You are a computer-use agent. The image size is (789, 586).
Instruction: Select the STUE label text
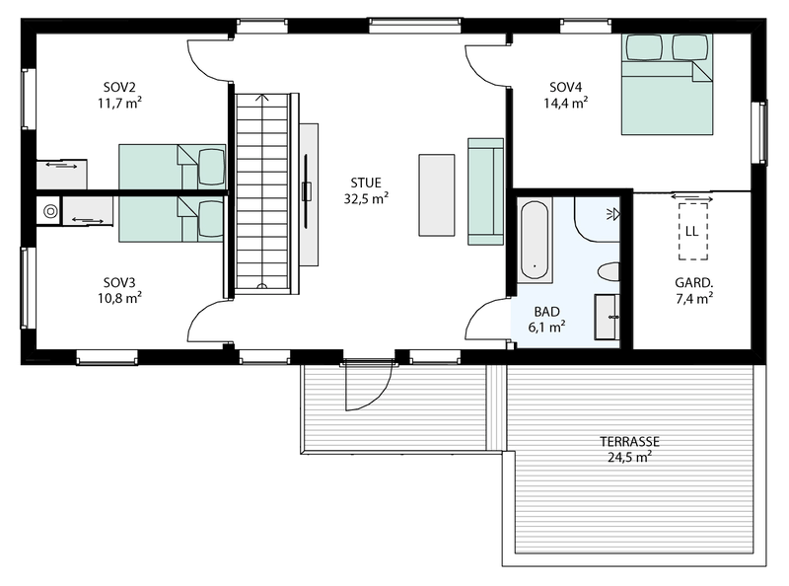(365, 183)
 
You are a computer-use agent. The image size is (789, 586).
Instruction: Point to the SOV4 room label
(567, 85)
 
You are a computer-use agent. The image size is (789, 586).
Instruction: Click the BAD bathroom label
(546, 310)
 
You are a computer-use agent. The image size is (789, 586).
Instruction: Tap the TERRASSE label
(629, 441)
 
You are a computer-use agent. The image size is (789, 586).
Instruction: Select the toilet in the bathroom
(609, 272)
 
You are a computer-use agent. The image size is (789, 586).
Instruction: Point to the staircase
(264, 192)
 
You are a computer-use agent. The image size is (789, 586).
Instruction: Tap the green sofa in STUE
(485, 190)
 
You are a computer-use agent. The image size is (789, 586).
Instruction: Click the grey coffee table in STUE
(437, 194)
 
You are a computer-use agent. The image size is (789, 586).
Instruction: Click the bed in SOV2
(172, 166)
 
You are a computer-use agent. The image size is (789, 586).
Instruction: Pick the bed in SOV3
(172, 219)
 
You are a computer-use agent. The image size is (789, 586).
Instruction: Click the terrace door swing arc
(367, 391)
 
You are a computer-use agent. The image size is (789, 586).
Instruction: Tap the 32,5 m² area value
(365, 198)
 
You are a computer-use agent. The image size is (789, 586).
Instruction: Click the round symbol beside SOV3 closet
(48, 210)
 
